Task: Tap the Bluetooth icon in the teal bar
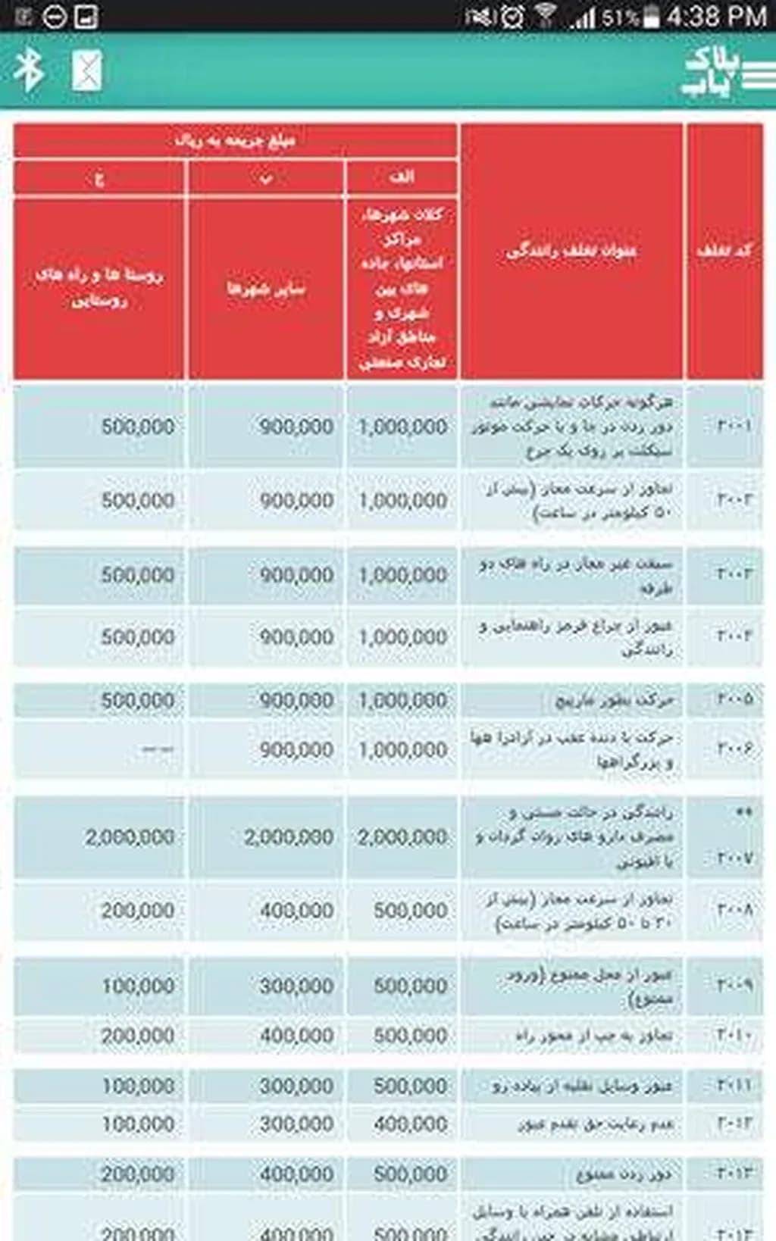click(x=29, y=70)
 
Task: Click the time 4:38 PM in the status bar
click(x=716, y=16)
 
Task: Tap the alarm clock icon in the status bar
click(x=512, y=16)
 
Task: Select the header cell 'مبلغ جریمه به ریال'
click(x=235, y=140)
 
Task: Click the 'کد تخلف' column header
click(x=724, y=251)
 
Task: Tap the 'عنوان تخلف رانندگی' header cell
click(x=571, y=251)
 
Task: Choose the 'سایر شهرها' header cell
click(x=265, y=288)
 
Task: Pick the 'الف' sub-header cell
click(x=401, y=177)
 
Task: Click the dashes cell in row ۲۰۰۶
click(x=158, y=749)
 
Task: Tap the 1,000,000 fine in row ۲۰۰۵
click(x=402, y=700)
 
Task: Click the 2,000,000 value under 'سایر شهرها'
click(x=289, y=837)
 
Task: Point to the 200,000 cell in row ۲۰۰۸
click(x=138, y=910)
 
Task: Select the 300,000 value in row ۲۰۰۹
click(x=296, y=986)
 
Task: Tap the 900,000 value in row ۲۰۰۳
click(x=296, y=575)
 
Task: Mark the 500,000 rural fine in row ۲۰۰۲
click(x=138, y=500)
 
